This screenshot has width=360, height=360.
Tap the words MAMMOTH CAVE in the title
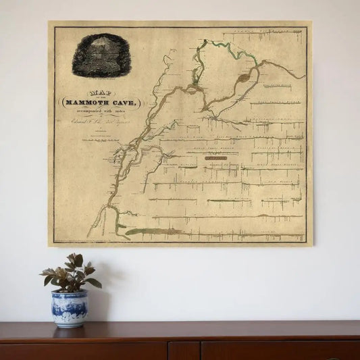[101, 102]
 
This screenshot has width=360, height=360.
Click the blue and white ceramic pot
[69, 308]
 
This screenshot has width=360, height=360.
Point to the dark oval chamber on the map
[243, 78]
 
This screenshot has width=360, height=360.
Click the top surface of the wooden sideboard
[203, 329]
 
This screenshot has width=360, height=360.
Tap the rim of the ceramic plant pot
[69, 293]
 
